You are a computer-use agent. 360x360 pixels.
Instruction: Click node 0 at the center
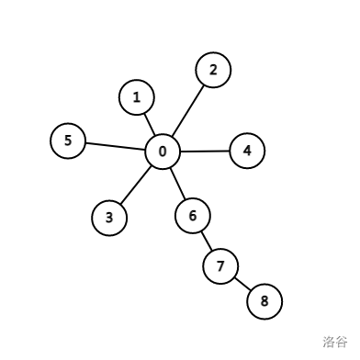(x=163, y=152)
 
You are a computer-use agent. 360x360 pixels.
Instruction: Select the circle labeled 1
(x=137, y=96)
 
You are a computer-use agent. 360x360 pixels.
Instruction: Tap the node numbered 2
(x=213, y=70)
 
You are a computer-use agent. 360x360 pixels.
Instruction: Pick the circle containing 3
(x=109, y=218)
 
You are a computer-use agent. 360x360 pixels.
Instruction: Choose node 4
(x=247, y=151)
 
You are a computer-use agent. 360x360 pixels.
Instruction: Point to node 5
(x=67, y=141)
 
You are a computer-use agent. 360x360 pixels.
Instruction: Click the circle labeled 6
(x=192, y=216)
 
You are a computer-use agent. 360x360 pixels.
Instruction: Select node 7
(x=219, y=267)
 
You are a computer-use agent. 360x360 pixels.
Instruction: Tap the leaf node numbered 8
(x=264, y=300)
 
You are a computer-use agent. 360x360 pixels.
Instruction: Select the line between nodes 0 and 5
(x=115, y=146)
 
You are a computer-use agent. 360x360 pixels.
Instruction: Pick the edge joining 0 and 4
(x=205, y=152)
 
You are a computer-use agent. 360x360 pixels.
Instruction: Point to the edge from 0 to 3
(x=136, y=185)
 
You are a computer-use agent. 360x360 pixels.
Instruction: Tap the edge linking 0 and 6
(x=177, y=184)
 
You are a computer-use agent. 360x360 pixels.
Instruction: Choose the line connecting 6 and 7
(x=206, y=242)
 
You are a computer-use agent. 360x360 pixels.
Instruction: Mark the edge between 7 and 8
(x=242, y=284)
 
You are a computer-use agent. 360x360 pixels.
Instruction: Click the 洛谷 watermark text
(x=334, y=342)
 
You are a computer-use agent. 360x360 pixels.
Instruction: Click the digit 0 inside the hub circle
(x=163, y=152)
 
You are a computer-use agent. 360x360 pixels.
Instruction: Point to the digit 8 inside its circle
(x=264, y=300)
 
